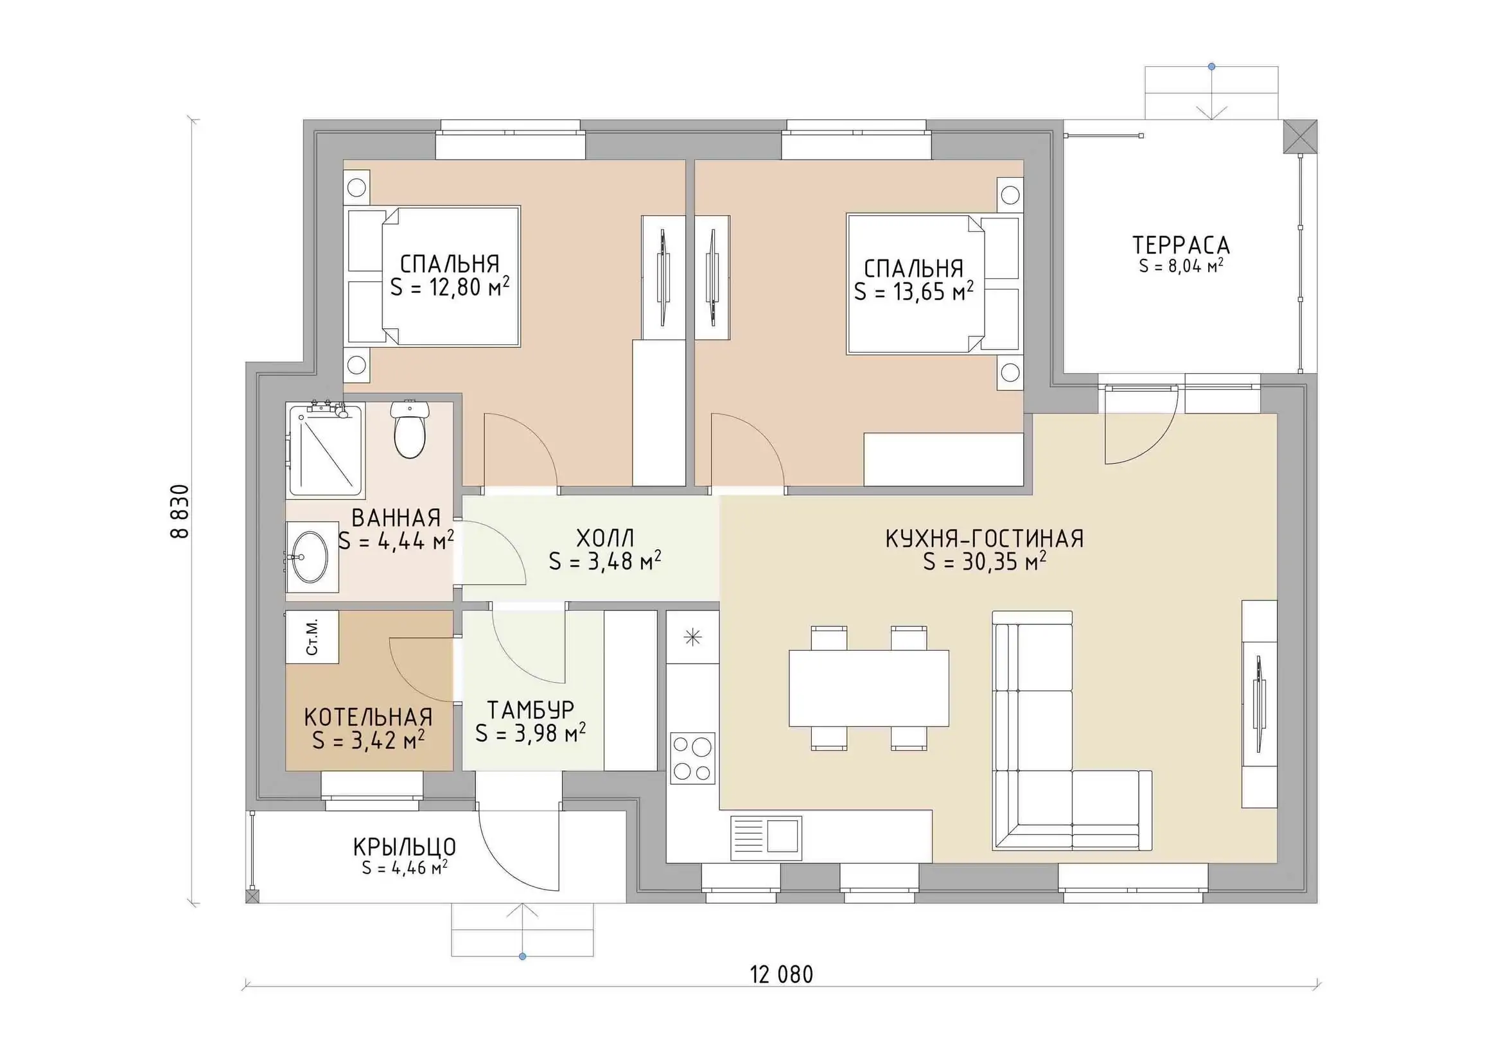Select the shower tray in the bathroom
(x=326, y=449)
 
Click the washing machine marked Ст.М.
(x=312, y=637)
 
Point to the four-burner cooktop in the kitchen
(x=693, y=758)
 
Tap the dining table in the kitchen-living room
(x=869, y=688)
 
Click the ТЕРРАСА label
(x=1181, y=245)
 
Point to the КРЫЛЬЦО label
(x=405, y=847)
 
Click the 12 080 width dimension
(x=782, y=975)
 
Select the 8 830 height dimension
(x=179, y=511)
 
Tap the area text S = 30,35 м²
(x=985, y=561)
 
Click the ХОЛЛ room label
(x=605, y=538)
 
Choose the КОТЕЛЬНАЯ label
(x=369, y=717)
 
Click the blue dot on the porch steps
(x=522, y=956)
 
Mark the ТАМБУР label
(x=531, y=710)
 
